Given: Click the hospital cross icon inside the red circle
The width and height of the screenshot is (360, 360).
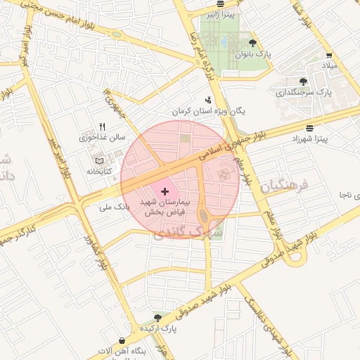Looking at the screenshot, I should point(165,191).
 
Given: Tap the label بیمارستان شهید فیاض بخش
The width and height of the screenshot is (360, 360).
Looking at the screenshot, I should point(165,207).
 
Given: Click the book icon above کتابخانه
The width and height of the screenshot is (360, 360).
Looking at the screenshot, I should point(106,162).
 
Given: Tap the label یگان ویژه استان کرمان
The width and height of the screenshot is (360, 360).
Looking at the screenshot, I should point(209,112).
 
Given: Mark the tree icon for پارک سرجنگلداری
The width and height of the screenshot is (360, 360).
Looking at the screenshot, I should point(303,81).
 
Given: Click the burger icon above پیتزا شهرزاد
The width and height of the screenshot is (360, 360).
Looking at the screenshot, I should point(310,127).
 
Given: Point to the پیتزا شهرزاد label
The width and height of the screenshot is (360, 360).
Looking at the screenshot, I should point(310,139).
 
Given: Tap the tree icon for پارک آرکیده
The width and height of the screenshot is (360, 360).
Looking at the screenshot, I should point(157,318).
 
